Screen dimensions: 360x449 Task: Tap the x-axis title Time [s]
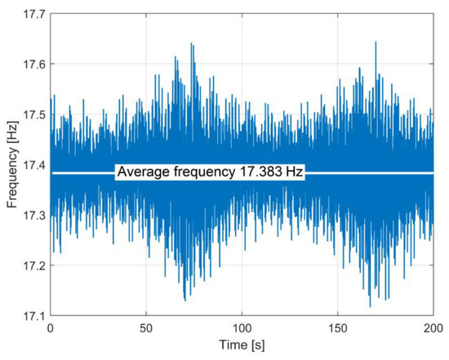coord(242,347)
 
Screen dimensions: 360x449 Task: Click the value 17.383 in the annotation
coord(261,173)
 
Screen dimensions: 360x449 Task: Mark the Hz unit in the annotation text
coord(294,173)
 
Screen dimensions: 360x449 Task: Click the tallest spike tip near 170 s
coord(376,42)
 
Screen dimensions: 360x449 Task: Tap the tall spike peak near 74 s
coord(191,43)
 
